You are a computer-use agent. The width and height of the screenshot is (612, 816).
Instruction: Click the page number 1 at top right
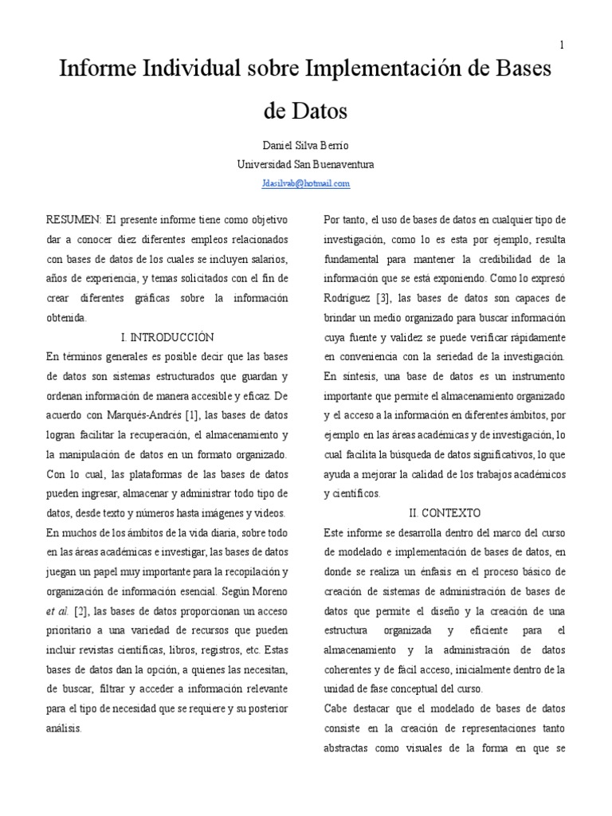click(562, 45)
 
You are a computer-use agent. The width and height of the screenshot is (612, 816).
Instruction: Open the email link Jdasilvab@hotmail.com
click(305, 183)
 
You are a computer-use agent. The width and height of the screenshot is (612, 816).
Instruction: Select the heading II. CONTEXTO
click(445, 512)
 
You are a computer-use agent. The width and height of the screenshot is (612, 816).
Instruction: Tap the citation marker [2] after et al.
click(81, 613)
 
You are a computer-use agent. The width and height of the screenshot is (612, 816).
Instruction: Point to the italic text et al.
click(57, 613)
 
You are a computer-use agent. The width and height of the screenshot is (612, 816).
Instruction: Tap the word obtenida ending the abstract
click(68, 318)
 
